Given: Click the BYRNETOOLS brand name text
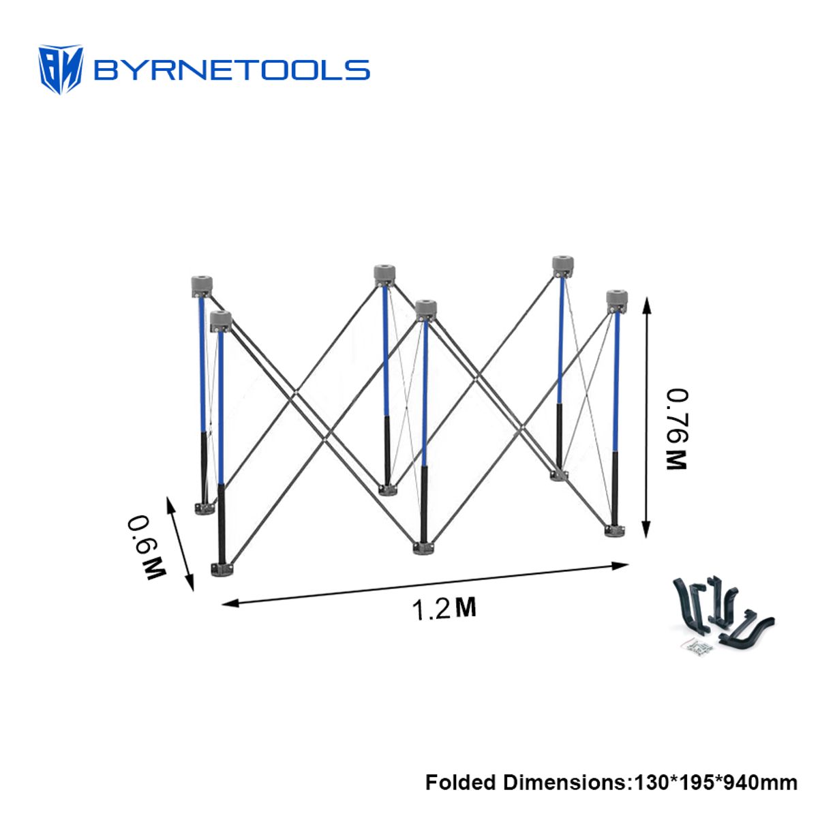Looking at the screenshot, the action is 232,70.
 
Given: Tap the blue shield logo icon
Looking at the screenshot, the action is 61,70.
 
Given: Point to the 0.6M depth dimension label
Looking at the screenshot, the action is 146,547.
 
